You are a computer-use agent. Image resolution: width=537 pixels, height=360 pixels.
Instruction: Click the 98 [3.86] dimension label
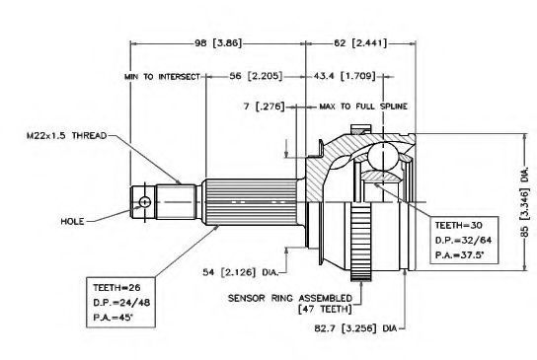point(218,43)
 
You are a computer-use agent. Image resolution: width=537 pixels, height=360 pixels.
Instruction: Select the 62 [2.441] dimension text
point(360,43)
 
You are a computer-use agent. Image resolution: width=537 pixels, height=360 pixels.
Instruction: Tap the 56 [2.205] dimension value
point(256,76)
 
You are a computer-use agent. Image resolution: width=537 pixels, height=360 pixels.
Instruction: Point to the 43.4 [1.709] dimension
point(345,76)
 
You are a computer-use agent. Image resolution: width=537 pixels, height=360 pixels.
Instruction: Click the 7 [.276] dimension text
point(264,107)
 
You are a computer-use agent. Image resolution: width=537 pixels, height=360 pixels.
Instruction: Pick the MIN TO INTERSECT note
point(162,77)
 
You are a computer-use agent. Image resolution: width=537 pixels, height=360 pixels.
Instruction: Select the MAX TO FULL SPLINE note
point(363,107)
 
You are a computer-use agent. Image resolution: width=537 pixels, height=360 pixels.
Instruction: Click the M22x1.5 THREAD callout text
point(67,136)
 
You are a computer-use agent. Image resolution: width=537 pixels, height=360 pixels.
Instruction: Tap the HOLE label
point(72,221)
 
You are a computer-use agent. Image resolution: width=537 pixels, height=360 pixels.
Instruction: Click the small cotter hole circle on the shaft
point(145,202)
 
